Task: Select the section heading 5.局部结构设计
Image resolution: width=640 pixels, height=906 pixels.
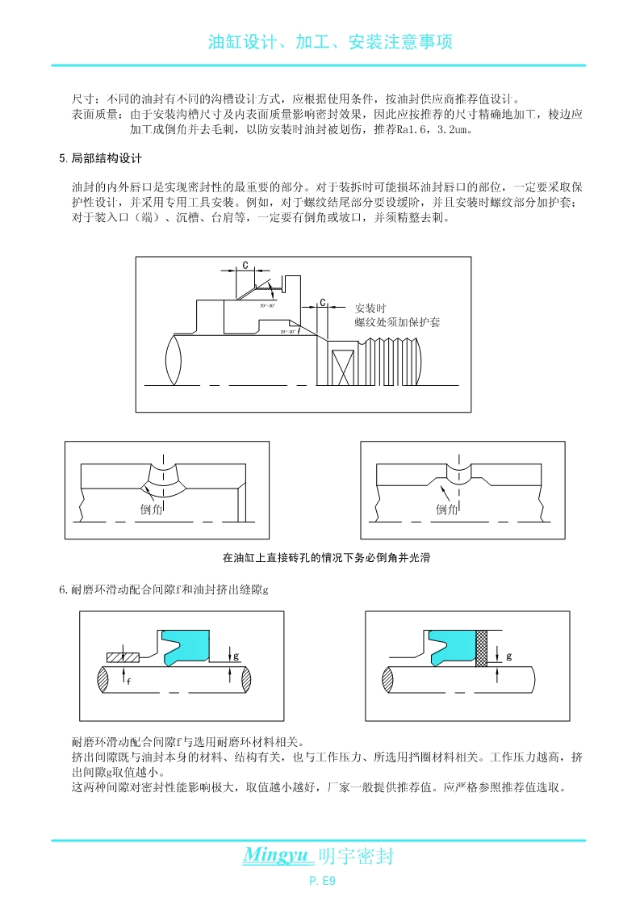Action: pos(101,158)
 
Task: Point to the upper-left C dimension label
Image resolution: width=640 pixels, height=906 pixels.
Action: pos(245,265)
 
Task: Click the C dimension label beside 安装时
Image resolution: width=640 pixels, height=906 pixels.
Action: pos(323,303)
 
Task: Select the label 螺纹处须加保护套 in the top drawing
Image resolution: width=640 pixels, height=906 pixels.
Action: pos(397,322)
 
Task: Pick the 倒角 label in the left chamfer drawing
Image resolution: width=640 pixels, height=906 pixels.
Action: pos(152,510)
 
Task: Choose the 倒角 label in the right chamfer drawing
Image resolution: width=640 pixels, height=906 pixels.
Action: pos(447,510)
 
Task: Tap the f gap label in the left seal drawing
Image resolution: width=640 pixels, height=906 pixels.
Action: pos(129,681)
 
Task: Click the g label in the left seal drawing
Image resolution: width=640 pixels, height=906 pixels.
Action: pos(236,656)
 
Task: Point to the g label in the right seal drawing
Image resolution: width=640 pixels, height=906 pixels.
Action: pos(509,656)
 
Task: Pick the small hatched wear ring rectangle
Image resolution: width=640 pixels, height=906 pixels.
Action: pos(123,655)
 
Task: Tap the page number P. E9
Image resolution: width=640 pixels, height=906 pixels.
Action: pos(322,881)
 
